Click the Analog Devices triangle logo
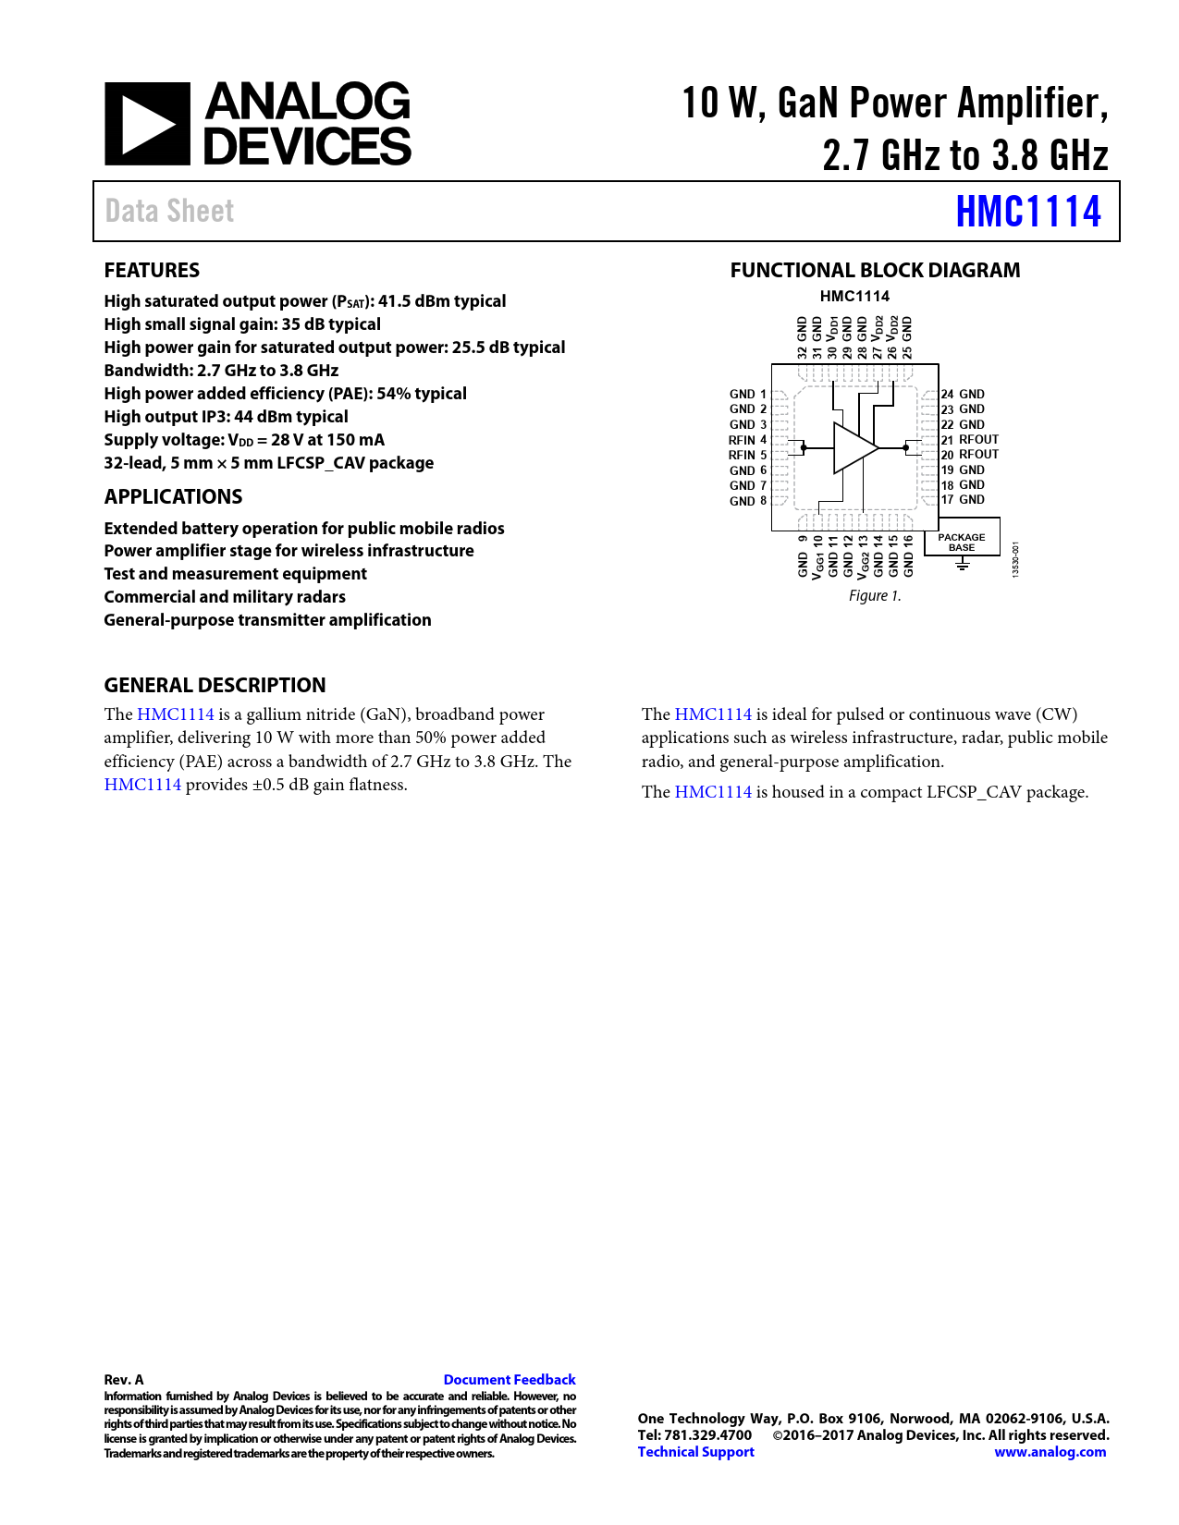[147, 124]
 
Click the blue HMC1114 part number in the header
[1027, 212]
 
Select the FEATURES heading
[152, 270]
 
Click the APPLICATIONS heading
[173, 496]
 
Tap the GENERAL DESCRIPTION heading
[215, 685]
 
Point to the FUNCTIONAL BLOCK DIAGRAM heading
[875, 270]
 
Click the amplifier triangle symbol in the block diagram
[854, 448]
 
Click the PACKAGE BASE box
[961, 543]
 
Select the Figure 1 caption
[874, 596]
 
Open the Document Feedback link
[510, 1379]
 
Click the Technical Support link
[695, 1452]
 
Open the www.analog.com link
[1050, 1452]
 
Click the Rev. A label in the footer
[124, 1379]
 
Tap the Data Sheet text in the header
[169, 212]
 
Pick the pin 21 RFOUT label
[970, 440]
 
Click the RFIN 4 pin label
[747, 440]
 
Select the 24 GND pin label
[963, 394]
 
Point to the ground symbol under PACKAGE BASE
[962, 563]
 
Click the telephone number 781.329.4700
[707, 1435]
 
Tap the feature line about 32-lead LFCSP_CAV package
[268, 463]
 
